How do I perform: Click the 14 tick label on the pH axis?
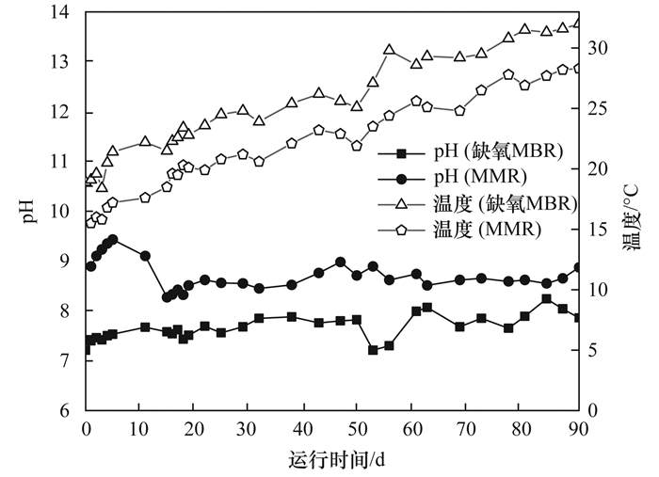(x=63, y=12)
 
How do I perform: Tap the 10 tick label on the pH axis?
(x=63, y=212)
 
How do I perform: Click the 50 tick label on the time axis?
(x=357, y=428)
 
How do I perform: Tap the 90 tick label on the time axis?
(x=573, y=428)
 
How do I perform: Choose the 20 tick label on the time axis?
(x=195, y=428)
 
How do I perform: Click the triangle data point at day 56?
(x=389, y=50)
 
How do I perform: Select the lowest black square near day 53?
(x=373, y=350)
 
